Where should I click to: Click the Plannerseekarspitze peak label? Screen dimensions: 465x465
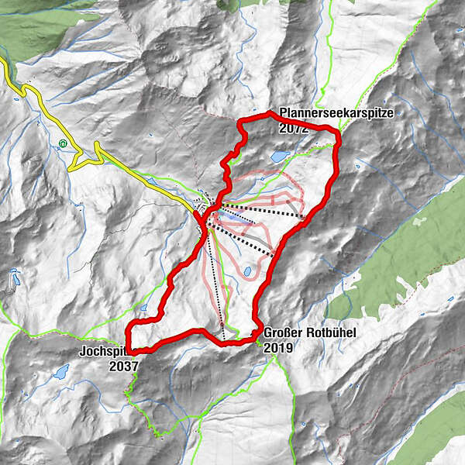tap(337, 113)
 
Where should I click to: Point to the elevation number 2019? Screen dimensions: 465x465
tap(278, 348)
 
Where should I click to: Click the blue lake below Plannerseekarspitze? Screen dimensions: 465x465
tap(277, 157)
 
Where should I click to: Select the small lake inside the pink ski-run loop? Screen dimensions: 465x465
tap(247, 272)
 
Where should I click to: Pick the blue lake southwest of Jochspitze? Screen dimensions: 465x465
tap(60, 372)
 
